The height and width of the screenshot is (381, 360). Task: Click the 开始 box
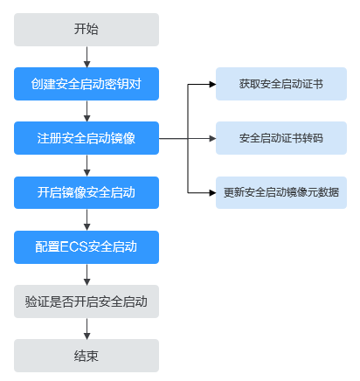[87, 30]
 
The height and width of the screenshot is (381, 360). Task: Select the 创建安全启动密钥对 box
[87, 84]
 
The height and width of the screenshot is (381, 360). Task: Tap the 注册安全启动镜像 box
[87, 138]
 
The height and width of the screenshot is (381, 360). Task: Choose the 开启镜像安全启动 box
[87, 192]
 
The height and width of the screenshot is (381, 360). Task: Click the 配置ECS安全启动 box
[87, 247]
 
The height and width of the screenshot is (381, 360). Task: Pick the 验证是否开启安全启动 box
[87, 301]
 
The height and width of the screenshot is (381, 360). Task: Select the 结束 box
[87, 356]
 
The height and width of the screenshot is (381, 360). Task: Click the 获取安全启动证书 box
[281, 84]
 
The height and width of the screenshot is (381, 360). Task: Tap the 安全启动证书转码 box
[281, 138]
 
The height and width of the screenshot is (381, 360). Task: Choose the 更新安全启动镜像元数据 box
[281, 192]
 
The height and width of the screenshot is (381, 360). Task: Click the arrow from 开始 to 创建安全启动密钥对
[87, 57]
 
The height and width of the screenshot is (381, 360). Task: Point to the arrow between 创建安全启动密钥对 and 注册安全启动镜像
[87, 111]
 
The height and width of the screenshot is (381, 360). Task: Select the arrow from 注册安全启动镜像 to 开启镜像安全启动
[87, 165]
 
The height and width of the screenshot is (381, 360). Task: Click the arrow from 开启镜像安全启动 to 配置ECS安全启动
[87, 219]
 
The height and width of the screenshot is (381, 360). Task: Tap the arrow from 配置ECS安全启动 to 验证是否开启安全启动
[87, 274]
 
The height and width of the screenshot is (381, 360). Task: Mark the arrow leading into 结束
[87, 329]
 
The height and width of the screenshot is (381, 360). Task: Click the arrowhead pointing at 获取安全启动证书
[212, 84]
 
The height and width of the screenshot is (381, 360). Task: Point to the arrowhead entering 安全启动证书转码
[212, 138]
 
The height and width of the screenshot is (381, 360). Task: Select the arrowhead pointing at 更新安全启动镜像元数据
[212, 192]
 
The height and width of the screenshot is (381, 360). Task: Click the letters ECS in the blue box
[74, 246]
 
